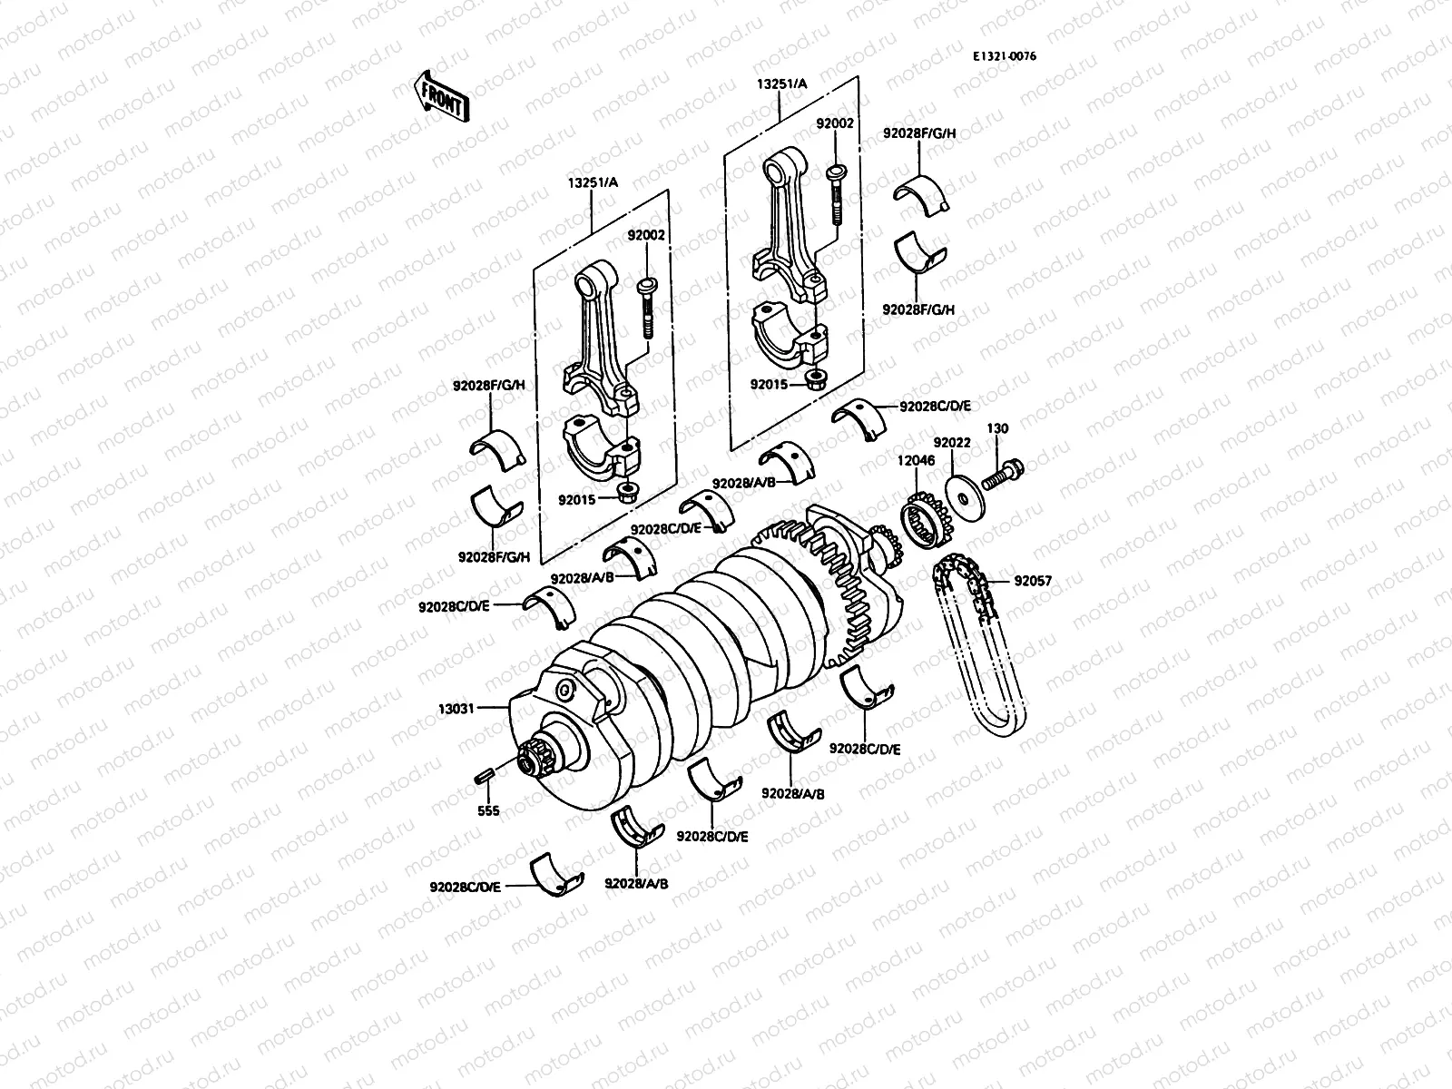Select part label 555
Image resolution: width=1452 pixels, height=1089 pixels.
coord(488,810)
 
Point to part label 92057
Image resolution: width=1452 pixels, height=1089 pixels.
coord(1033,581)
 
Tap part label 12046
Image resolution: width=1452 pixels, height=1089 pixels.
coord(916,461)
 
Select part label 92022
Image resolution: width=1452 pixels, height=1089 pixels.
coord(953,443)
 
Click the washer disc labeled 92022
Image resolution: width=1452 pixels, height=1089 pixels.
coord(961,495)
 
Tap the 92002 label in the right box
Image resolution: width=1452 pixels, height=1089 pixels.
coord(834,123)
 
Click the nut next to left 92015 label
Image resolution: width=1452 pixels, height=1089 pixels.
coord(626,493)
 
